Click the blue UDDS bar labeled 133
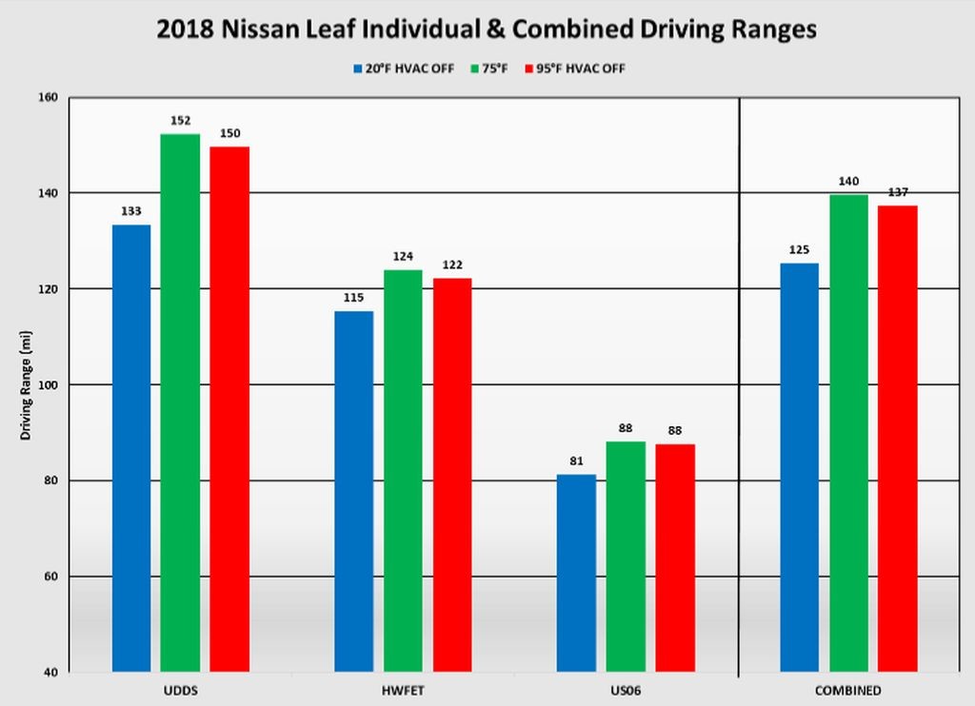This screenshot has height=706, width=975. point(131,447)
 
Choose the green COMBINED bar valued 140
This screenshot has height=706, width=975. point(848,433)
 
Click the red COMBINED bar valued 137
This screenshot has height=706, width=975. point(898,439)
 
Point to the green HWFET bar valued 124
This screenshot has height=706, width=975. point(403,470)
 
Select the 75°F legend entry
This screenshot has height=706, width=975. point(495,68)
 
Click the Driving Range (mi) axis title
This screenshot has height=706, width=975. point(27,384)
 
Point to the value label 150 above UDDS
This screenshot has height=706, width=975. point(229,133)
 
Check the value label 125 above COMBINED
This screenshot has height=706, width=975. point(799,250)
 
